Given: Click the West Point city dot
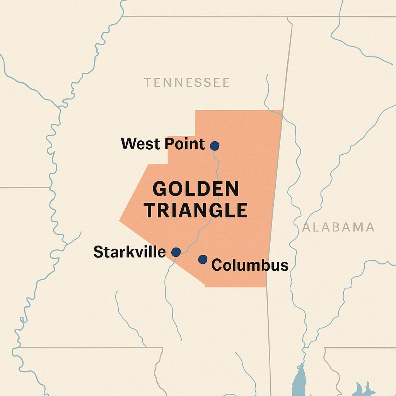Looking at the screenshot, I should point(215,146).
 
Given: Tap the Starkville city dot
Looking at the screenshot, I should point(176,252).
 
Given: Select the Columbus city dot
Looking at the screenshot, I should point(203,259).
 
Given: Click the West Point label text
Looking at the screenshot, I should point(163,144).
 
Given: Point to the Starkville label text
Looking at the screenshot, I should point(130,252).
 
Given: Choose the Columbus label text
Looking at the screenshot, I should point(250,265).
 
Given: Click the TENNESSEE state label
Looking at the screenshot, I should point(187,82).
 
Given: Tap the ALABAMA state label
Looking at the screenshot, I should point(338,227).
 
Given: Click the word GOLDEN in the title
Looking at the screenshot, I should point(196,189).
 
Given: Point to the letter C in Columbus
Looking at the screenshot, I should point(217,265).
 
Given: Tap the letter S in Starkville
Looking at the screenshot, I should point(98,252).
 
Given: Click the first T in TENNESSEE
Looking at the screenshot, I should point(147,82).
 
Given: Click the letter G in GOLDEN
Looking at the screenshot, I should point(160,189).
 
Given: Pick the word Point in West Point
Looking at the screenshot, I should point(184,144).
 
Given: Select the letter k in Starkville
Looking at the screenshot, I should point(137,252).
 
